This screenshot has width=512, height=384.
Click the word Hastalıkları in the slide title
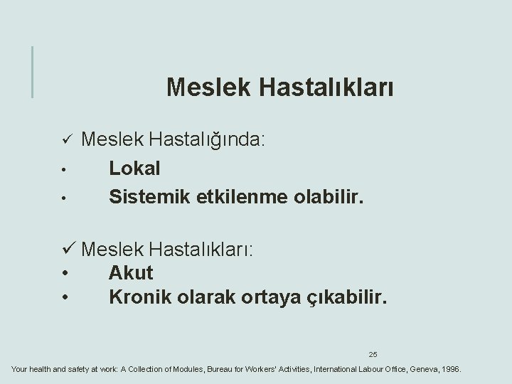(x=326, y=87)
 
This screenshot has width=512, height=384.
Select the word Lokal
(x=134, y=169)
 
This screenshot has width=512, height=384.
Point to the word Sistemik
(x=145, y=196)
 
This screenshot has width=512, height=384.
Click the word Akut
(x=131, y=272)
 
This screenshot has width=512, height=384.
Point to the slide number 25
(x=373, y=353)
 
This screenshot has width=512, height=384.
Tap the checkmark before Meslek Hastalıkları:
(x=68, y=250)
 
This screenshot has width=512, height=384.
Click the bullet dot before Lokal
(x=63, y=170)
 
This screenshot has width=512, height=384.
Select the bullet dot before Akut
(x=65, y=273)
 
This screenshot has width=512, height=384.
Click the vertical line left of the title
(x=32, y=71)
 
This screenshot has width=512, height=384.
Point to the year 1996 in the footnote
(x=450, y=370)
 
